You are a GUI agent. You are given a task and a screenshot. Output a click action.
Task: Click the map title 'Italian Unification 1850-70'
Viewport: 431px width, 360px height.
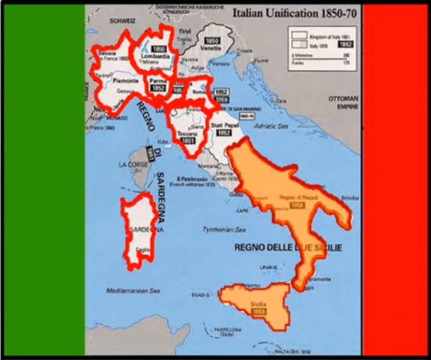(294, 13)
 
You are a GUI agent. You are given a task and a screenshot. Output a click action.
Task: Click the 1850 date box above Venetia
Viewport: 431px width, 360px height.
(212, 40)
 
